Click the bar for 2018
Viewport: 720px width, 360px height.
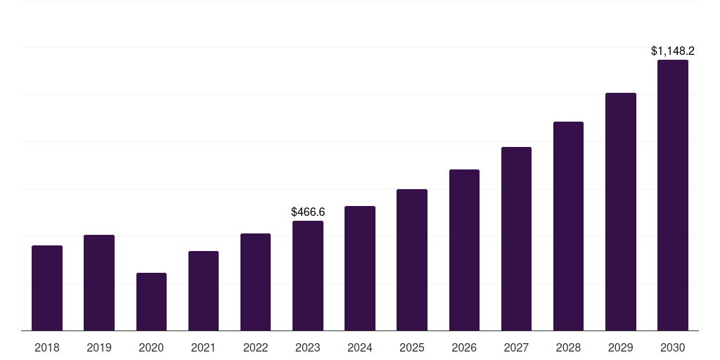[47, 288]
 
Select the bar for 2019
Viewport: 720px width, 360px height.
[99, 283]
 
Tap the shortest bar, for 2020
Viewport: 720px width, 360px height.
[151, 302]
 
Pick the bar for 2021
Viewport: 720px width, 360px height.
[203, 291]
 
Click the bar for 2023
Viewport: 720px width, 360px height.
[308, 276]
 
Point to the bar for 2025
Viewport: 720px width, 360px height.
[412, 260]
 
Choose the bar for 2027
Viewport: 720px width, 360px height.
[516, 239]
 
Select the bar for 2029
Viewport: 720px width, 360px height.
[621, 212]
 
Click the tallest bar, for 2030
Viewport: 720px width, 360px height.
[673, 195]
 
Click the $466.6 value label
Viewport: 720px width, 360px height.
[308, 212]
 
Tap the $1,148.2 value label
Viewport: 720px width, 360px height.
[673, 51]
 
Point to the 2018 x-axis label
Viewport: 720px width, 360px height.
[47, 347]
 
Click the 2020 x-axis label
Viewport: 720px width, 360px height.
[151, 347]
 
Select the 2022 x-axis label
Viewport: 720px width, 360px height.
[255, 347]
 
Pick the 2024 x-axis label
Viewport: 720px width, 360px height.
[360, 347]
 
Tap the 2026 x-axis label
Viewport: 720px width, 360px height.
[464, 347]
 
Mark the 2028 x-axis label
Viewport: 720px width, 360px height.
[568, 347]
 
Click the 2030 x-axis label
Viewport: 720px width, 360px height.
[673, 347]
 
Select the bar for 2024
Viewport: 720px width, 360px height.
[360, 269]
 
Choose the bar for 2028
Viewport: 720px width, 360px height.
[568, 226]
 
